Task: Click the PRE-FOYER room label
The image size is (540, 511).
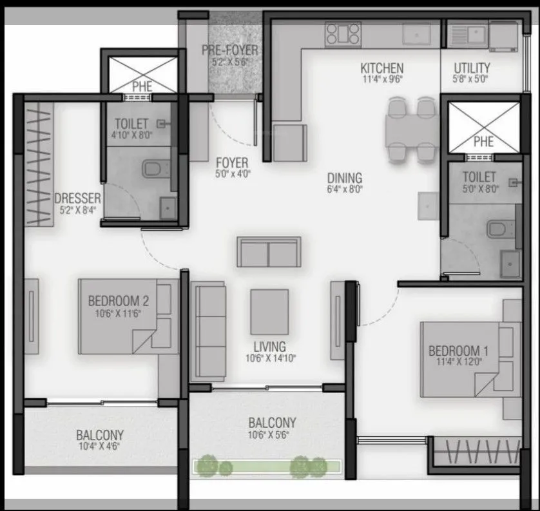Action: click(229, 50)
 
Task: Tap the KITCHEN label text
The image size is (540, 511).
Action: click(382, 68)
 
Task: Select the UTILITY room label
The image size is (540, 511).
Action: click(472, 68)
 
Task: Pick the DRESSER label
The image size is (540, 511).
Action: click(77, 198)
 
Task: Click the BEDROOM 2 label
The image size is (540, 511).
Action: click(119, 300)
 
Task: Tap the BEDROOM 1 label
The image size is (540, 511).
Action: click(459, 351)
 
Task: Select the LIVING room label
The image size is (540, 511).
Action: click(269, 347)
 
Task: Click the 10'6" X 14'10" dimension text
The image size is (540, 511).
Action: click(270, 359)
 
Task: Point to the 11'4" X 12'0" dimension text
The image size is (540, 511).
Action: click(459, 363)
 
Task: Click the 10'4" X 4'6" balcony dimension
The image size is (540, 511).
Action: click(99, 446)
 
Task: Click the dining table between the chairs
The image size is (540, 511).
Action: click(409, 129)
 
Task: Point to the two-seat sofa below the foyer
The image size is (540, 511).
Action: click(269, 251)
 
